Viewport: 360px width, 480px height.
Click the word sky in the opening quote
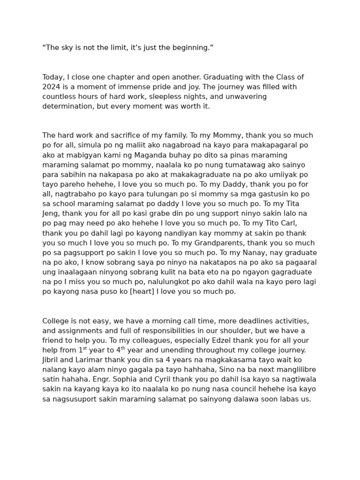[x=66, y=48]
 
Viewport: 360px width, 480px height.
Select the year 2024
[x=51, y=87]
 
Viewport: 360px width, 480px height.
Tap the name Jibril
[x=52, y=360]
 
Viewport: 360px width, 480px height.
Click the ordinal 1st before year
[x=82, y=350]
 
